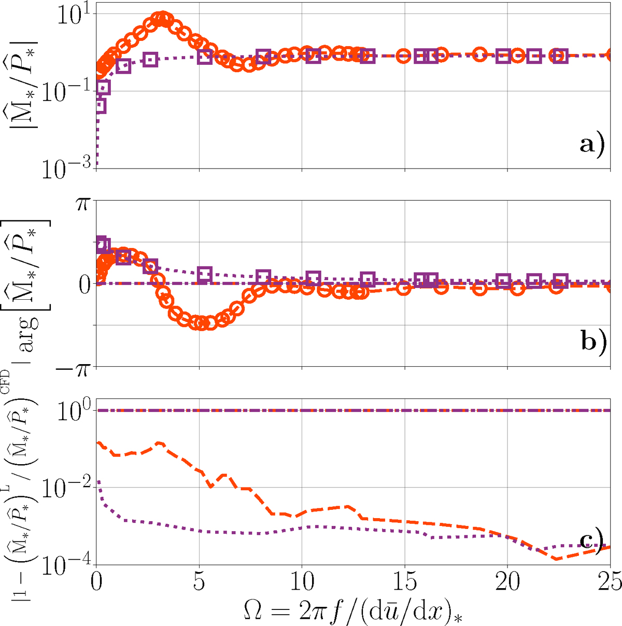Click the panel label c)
tap(592, 541)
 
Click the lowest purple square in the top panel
tap(100, 106)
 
